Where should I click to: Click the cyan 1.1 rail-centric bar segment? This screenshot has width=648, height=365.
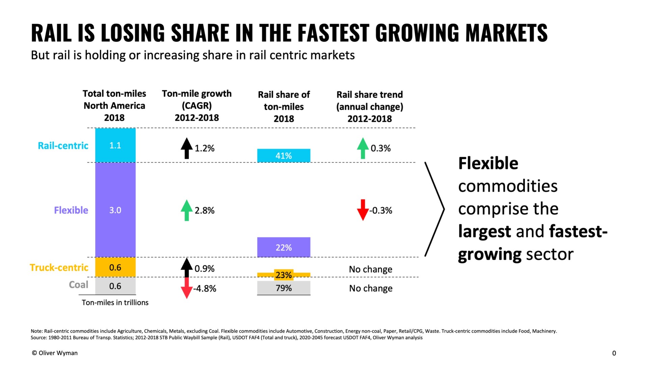[x=115, y=145]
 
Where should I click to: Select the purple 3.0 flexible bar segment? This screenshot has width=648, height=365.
[x=115, y=210]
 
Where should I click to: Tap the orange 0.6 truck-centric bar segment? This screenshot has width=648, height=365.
[x=115, y=267]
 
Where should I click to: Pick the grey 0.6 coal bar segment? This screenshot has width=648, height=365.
[x=115, y=286]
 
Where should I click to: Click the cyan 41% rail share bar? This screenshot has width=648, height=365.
[x=283, y=155]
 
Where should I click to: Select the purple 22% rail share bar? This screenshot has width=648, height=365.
[x=283, y=247]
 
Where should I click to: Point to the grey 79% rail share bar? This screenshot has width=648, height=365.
[x=283, y=288]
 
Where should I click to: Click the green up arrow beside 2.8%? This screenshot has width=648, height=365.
[x=187, y=210]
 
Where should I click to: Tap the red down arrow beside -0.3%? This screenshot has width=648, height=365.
[x=363, y=210]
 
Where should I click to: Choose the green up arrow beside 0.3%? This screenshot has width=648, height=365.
[x=363, y=148]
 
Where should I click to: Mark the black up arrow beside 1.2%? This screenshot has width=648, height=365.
[x=187, y=148]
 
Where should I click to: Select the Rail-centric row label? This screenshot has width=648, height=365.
[x=63, y=146]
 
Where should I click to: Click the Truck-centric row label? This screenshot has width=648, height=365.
[x=59, y=268]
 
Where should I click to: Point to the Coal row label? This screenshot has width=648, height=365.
[x=78, y=285]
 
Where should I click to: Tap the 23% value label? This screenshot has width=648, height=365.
[x=283, y=275]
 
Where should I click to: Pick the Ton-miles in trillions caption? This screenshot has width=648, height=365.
[x=115, y=302]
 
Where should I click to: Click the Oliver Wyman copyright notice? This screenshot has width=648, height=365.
[x=55, y=353]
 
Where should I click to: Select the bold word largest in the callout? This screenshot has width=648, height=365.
[x=484, y=232]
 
